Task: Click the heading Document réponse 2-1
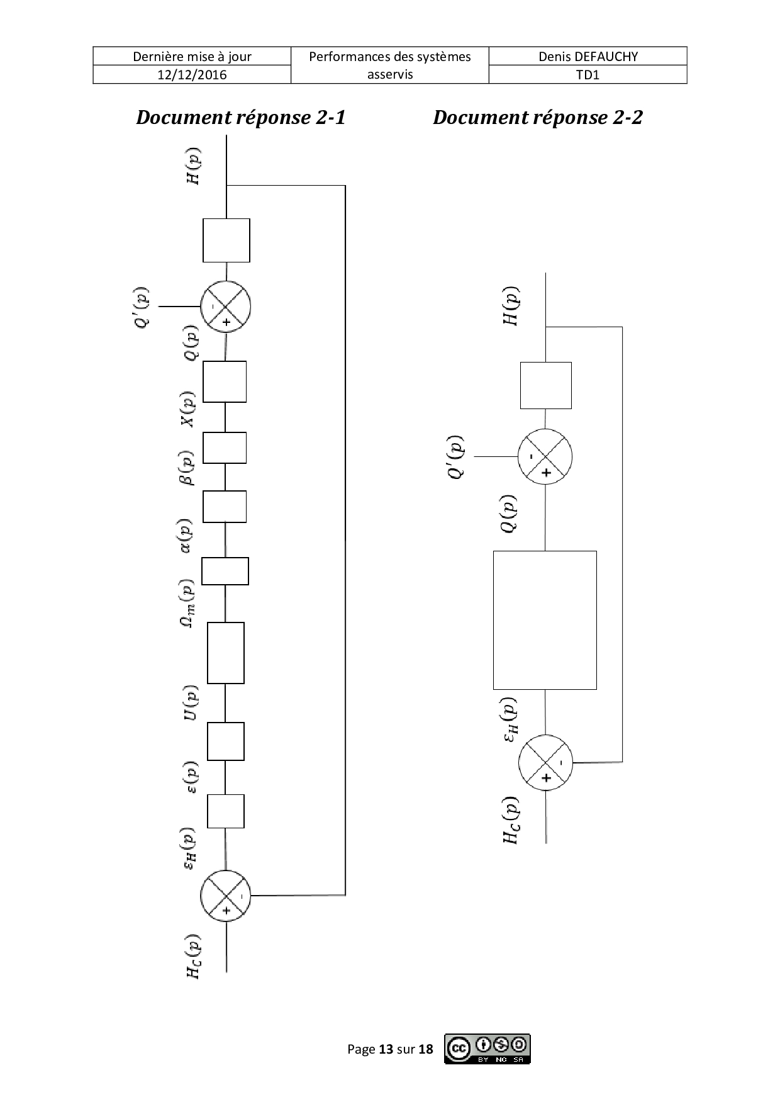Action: click(x=241, y=118)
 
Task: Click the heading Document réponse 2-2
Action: click(x=538, y=118)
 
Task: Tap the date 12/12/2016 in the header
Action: click(x=192, y=75)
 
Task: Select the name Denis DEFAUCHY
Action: click(x=588, y=57)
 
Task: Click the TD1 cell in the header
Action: click(x=588, y=75)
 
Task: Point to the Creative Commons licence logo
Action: click(x=487, y=1049)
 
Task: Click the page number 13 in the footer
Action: click(x=386, y=1049)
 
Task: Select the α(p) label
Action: click(x=187, y=536)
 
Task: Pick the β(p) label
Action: click(x=187, y=468)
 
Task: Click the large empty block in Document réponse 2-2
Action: click(x=545, y=620)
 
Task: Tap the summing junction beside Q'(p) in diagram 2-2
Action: click(x=545, y=456)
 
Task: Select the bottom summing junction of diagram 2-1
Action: click(x=226, y=896)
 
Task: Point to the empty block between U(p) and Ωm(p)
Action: click(x=226, y=653)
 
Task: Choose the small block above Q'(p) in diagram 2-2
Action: click(x=546, y=385)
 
